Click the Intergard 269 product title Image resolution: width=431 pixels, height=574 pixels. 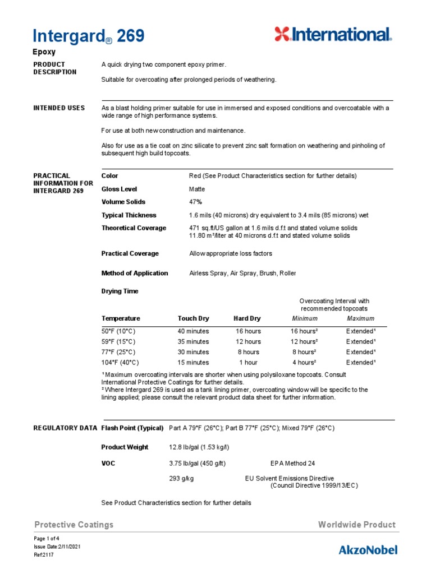click(89, 36)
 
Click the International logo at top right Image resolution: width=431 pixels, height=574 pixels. click(333, 34)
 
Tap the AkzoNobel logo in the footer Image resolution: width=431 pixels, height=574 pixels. click(368, 549)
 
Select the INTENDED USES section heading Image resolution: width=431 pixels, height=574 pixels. click(59, 108)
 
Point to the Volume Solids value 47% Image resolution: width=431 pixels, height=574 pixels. click(195, 202)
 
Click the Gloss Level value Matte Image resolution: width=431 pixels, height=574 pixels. click(197, 189)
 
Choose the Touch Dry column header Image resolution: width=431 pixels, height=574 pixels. click(193, 318)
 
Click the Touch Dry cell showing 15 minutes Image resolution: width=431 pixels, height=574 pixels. click(193, 363)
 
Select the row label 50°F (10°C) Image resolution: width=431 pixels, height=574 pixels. click(118, 331)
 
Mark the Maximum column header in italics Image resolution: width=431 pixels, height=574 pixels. click(360, 318)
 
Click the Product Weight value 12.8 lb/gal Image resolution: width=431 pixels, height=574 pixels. click(199, 447)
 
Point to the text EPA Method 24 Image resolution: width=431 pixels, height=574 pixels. click(292, 464)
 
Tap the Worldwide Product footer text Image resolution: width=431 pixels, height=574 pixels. click(356, 525)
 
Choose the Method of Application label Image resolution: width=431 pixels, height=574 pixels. click(134, 273)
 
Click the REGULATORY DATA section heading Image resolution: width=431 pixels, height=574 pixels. click(65, 428)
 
